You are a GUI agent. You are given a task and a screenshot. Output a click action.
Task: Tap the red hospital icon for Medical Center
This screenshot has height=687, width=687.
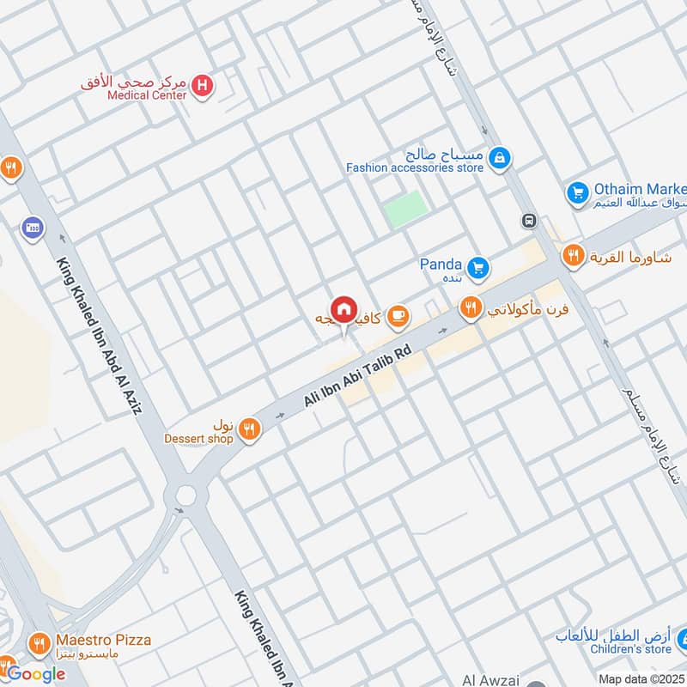pos(203,85)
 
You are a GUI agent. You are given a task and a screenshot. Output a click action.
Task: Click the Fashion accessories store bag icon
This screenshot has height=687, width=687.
pos(499,158)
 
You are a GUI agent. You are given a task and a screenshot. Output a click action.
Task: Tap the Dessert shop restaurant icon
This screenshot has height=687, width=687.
pos(249,429)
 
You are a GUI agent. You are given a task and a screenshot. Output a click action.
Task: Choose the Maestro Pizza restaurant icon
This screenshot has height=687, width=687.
pos(38,642)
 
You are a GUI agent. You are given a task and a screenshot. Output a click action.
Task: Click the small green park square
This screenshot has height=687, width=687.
pos(405,209)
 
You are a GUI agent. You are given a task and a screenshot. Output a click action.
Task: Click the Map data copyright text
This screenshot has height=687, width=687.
pos(641,679)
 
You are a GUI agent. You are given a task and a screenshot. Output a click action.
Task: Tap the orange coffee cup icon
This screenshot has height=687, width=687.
pos(397,317)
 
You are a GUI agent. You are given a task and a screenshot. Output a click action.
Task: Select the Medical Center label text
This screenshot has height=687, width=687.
pos(147,96)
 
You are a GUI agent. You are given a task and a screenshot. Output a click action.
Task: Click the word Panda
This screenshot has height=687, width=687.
pos(441,264)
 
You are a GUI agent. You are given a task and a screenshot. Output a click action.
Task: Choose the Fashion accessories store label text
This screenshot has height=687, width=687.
pos(415,168)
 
